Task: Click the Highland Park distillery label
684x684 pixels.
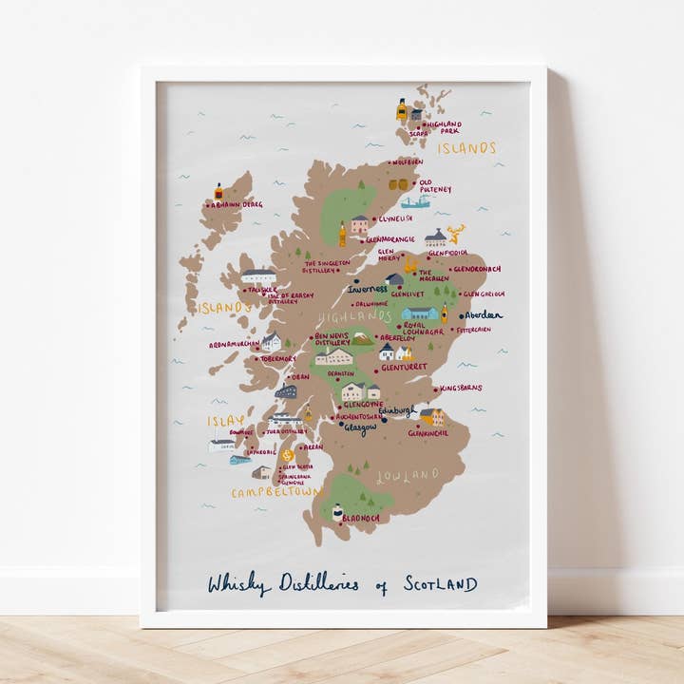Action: [445, 126]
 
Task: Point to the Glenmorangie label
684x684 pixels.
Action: [390, 239]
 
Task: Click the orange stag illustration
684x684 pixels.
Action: [457, 233]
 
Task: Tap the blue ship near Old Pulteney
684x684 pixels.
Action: [415, 202]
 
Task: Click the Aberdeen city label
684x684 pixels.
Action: [483, 314]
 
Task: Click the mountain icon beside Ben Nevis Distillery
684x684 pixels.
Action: [362, 337]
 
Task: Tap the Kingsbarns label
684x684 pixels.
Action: [462, 388]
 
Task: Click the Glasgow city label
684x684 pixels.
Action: [360, 428]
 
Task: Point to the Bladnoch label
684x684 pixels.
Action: [362, 518]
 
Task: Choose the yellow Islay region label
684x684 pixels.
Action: [226, 420]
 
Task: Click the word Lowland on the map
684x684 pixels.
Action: [408, 474]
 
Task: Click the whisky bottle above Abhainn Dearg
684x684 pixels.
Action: [218, 191]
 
